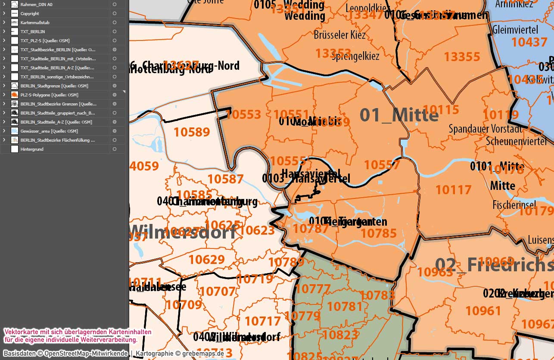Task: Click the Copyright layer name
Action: pos(30,13)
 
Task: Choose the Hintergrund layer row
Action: pos(32,149)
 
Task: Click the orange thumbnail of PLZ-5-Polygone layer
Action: pos(14,95)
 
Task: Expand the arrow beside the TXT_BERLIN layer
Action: pos(4,31)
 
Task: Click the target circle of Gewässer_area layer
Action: pos(115,131)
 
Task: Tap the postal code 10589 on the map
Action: pos(192,132)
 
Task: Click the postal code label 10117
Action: pos(453,189)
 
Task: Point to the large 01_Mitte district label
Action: pos(399,115)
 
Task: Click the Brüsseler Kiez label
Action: pos(340,34)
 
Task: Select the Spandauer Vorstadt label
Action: pos(485,128)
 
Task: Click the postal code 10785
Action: pos(379,233)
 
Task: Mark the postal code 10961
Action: pos(483,310)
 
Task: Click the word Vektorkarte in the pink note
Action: pos(20,332)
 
